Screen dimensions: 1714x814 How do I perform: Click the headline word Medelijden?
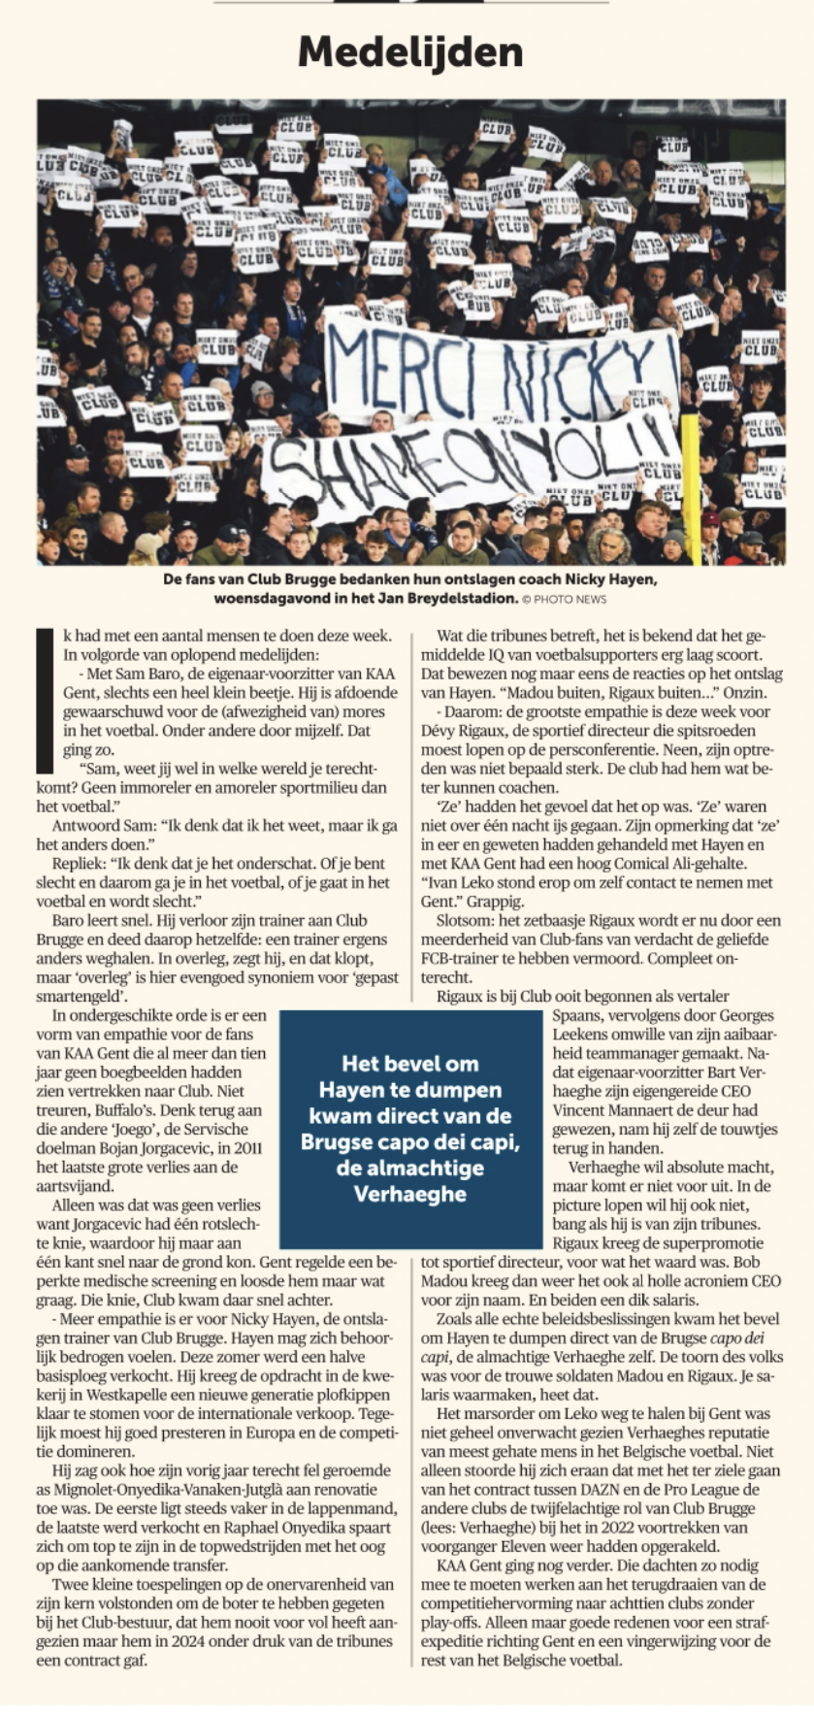(x=409, y=51)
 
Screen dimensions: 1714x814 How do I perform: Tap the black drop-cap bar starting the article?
(x=42, y=699)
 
